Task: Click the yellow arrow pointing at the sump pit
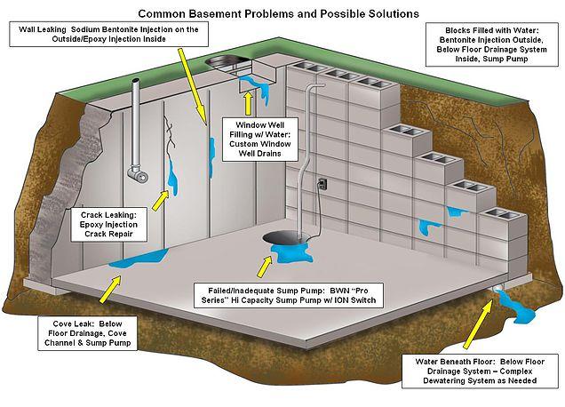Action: pyautogui.click(x=265, y=265)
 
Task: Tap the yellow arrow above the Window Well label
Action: pyautogui.click(x=249, y=105)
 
